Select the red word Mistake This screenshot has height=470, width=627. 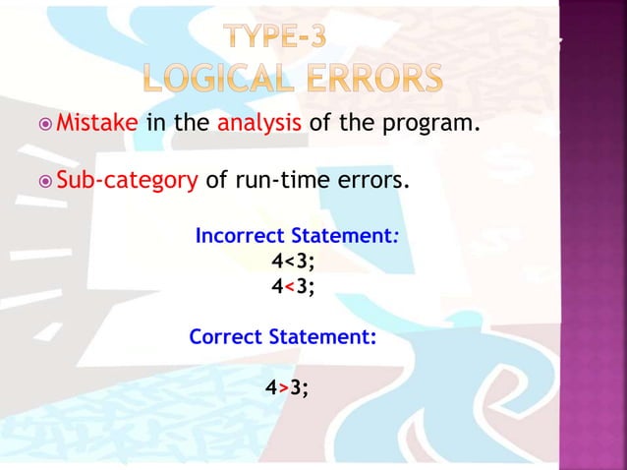tap(97, 125)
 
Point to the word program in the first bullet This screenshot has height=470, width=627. tap(429, 125)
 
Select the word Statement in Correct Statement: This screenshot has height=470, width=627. tap(319, 336)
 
